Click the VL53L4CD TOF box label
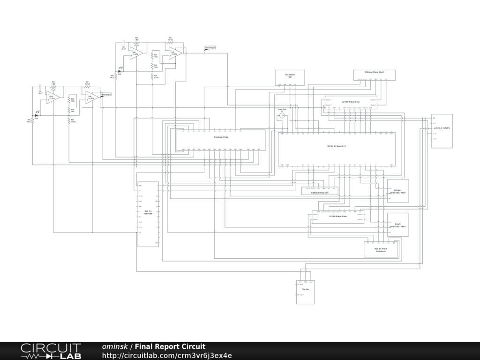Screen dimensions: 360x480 click(x=289, y=75)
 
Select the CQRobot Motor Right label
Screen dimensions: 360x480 click(x=374, y=72)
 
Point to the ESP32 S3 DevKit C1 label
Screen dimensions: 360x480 click(x=336, y=146)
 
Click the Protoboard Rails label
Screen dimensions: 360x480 click(x=221, y=137)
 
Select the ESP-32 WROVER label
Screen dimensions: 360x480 click(x=148, y=212)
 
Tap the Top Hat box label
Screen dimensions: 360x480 click(x=305, y=289)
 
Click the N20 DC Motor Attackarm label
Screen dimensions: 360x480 click(x=381, y=250)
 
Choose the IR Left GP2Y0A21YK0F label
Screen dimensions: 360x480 click(x=397, y=225)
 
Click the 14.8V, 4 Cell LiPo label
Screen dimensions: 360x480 click(x=442, y=127)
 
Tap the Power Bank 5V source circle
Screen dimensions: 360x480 click(x=282, y=115)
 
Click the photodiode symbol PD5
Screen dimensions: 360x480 click(x=120, y=71)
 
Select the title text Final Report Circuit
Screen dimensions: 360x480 click(x=170, y=347)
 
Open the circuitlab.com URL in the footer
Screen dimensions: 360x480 click(x=167, y=356)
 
